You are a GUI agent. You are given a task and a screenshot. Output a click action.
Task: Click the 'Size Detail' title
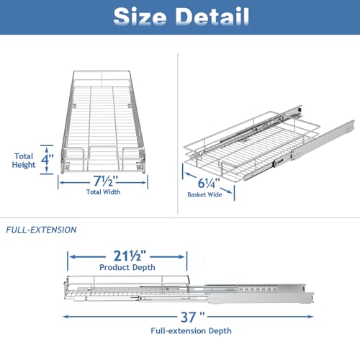pos(181,17)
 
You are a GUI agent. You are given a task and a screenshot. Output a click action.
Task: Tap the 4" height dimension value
pos(47,159)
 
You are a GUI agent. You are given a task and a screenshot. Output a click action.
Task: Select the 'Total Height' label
pos(24,161)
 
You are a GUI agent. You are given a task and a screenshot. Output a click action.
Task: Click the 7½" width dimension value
pos(106,181)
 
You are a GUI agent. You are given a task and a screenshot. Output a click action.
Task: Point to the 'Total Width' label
pos(103,192)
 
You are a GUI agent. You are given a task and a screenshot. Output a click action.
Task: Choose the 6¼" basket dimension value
pos(209,183)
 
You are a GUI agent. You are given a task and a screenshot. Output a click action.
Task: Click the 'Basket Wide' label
pos(204,194)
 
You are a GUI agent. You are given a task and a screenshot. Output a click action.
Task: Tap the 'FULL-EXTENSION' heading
pos(41,230)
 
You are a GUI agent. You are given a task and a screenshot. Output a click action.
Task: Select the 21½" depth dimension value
pos(130,256)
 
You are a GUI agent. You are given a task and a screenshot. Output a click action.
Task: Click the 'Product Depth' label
pos(127,267)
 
